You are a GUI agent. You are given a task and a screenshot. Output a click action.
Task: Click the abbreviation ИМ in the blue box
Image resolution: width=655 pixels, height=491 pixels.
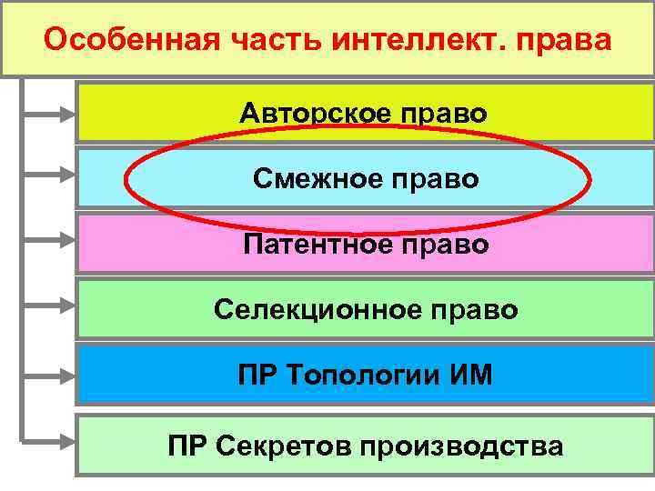(x=470, y=375)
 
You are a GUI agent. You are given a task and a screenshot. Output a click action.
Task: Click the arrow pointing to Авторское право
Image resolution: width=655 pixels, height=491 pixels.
(x=50, y=115)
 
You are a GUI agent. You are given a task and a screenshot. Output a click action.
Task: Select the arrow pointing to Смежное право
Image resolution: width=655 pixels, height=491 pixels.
(x=50, y=173)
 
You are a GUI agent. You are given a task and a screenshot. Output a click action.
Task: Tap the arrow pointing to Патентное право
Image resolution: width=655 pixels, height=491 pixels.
(x=50, y=241)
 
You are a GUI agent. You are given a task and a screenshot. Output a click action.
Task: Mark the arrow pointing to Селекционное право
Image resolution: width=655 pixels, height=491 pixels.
(x=50, y=309)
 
